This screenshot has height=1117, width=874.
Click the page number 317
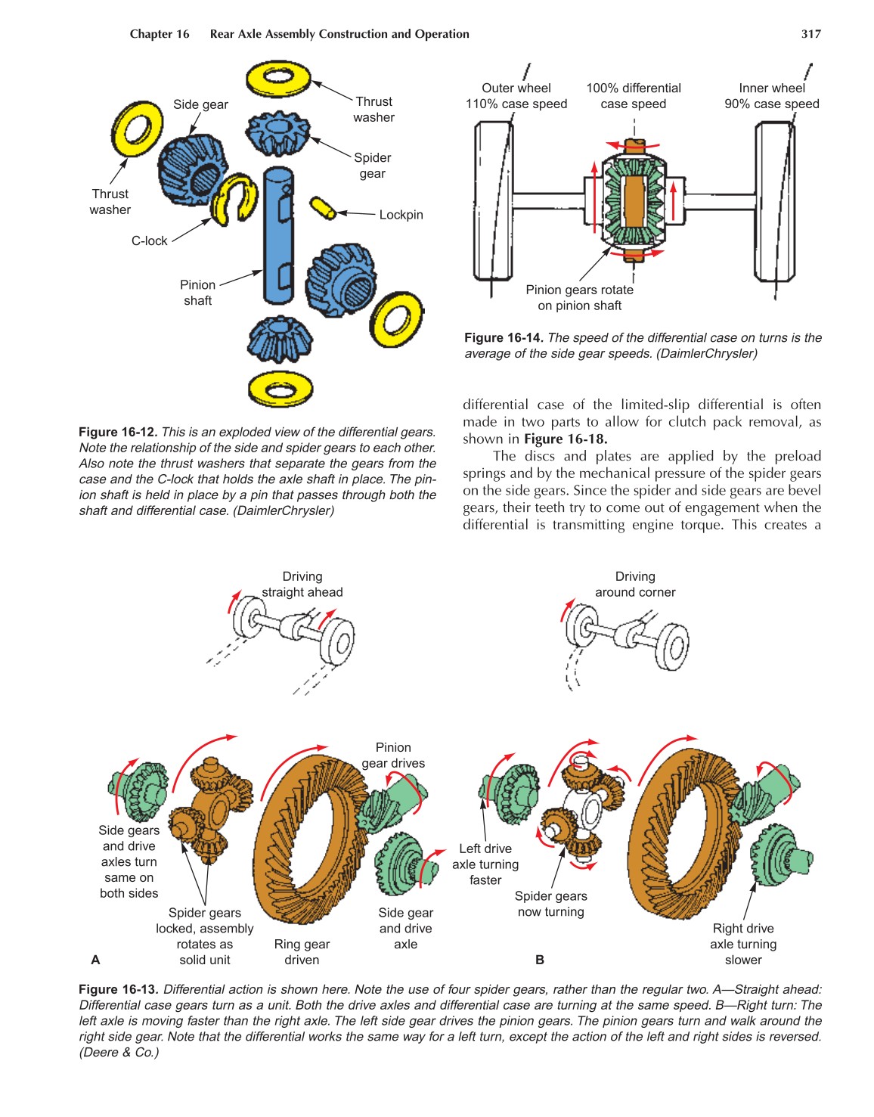click(810, 34)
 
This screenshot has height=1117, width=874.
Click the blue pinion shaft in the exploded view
click(277, 234)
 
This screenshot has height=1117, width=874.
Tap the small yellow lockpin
click(323, 208)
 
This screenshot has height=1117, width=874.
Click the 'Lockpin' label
click(401, 215)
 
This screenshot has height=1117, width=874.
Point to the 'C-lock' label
click(149, 241)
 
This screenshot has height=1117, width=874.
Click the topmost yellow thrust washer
click(278, 79)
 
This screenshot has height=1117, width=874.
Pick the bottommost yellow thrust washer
click(280, 389)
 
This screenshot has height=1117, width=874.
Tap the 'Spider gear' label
click(372, 166)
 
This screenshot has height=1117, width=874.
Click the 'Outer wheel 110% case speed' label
click(516, 96)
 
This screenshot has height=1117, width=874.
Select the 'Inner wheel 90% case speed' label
click(771, 96)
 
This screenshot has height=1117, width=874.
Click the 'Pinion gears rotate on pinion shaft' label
click(579, 298)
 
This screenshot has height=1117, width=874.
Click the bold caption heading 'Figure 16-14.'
click(504, 338)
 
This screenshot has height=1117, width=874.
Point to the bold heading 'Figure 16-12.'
click(118, 432)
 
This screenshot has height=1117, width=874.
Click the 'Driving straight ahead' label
click(302, 585)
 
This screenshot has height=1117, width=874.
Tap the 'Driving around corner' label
click(635, 585)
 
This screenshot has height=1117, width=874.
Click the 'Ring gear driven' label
click(302, 952)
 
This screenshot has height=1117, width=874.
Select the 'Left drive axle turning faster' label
click(485, 864)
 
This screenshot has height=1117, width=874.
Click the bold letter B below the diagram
click(540, 960)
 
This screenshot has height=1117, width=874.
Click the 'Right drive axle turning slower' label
click(743, 944)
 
